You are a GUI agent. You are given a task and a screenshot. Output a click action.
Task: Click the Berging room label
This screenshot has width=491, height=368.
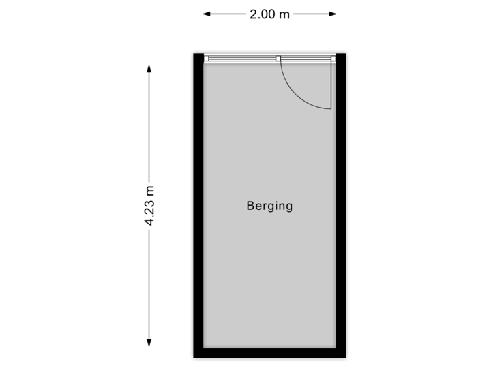tap(269, 206)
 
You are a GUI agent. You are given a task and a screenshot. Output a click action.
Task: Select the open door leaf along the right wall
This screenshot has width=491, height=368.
tap(332, 85)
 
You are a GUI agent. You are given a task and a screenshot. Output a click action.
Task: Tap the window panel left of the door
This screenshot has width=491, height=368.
tap(243, 59)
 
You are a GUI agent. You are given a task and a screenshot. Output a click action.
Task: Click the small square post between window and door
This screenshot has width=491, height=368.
tap(278, 59)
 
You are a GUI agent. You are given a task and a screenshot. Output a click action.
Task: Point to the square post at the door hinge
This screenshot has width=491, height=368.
tap(333, 59)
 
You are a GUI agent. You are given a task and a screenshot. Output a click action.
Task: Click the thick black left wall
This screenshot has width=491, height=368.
tap(196, 204)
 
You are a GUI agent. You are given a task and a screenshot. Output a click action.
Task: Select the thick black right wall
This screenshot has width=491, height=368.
tap(343, 204)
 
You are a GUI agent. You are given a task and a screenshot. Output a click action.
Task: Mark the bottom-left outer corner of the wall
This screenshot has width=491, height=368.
tap(190, 360)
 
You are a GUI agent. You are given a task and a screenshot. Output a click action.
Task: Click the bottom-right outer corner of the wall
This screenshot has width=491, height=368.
tap(348, 360)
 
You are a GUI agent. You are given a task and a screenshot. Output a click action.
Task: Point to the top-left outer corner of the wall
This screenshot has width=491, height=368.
tap(190, 51)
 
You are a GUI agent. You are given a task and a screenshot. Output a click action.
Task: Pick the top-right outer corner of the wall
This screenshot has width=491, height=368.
tap(348, 51)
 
